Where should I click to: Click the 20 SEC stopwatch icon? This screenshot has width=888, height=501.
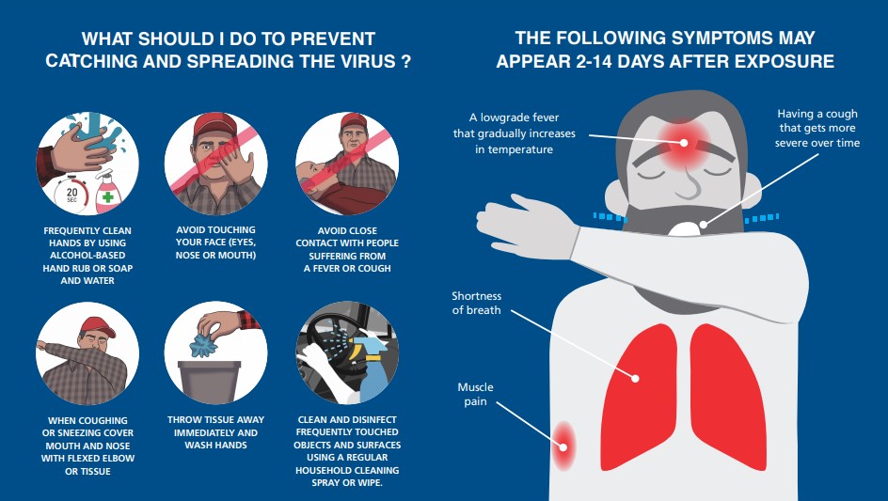tap(71, 194)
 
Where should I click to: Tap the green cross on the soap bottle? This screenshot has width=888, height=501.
tap(107, 197)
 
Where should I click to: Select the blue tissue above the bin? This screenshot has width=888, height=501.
tap(203, 345)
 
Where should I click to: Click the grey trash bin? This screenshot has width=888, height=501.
tap(209, 383)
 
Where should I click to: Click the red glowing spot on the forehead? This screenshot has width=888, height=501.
tap(684, 143)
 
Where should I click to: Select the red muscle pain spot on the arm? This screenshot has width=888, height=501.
tap(563, 446)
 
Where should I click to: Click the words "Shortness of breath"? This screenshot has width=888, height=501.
tap(476, 303)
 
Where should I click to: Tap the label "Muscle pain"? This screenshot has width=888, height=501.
tap(475, 394)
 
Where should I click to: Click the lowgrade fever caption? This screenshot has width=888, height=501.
tap(515, 133)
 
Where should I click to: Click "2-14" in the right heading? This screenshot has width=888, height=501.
tap(595, 61)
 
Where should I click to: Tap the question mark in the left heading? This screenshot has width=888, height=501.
tap(405, 61)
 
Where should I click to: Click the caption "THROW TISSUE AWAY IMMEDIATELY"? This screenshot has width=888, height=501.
tap(215, 427)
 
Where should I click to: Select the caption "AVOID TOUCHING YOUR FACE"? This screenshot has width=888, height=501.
tap(215, 236)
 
